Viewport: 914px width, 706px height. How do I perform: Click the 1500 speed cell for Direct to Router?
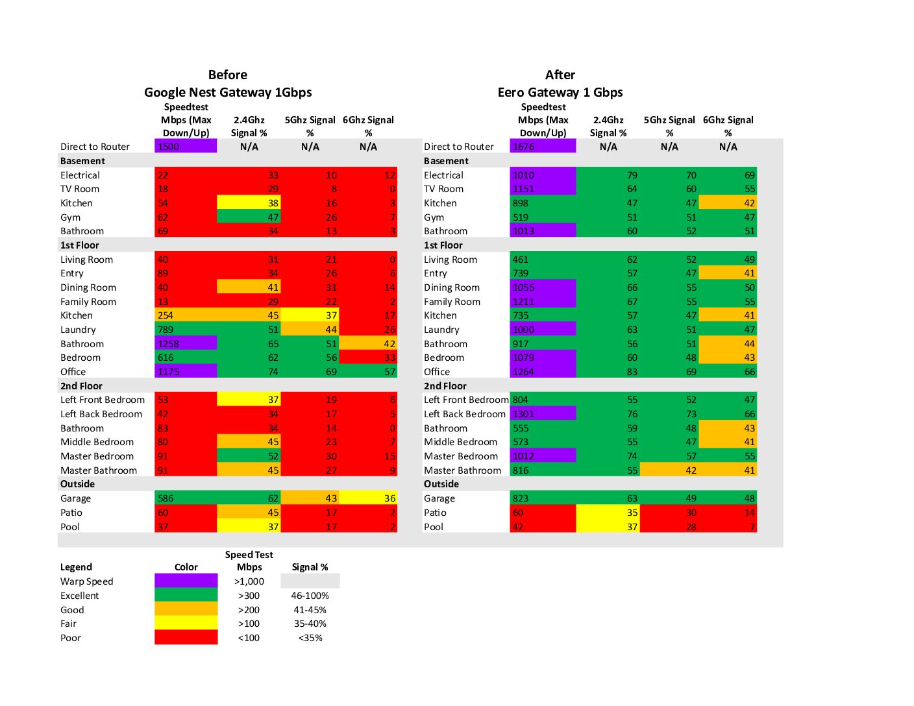coord(186,147)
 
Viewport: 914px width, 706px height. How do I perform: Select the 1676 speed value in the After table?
coord(543,147)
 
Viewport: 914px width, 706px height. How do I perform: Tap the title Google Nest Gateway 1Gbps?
coord(228,92)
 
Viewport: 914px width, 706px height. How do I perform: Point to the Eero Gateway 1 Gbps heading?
coord(560,92)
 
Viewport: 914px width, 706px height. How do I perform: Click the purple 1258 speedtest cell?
coord(186,344)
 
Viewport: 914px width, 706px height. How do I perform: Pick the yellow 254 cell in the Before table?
coord(186,315)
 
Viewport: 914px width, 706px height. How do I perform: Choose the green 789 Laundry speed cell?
coord(186,330)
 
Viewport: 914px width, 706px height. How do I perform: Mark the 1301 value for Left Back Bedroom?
coord(543,414)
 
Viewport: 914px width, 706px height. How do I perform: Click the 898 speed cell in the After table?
coord(543,203)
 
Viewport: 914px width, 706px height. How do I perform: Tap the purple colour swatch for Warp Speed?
coord(186,581)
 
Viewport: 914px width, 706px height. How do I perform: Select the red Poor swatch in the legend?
coord(186,638)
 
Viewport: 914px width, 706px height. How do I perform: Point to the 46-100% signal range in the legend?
coord(310,596)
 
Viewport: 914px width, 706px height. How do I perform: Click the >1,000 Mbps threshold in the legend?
coord(249,581)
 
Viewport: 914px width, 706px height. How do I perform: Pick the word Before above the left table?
coord(228,75)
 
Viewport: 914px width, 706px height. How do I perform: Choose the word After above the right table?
coord(560,75)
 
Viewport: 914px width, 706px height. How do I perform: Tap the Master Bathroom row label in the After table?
coord(462,470)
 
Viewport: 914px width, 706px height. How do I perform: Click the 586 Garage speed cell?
coord(186,498)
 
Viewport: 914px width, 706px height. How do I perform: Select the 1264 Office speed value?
coord(543,372)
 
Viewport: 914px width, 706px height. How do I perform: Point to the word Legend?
coord(76,567)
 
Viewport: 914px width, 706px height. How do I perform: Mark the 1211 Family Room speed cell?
coord(543,302)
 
